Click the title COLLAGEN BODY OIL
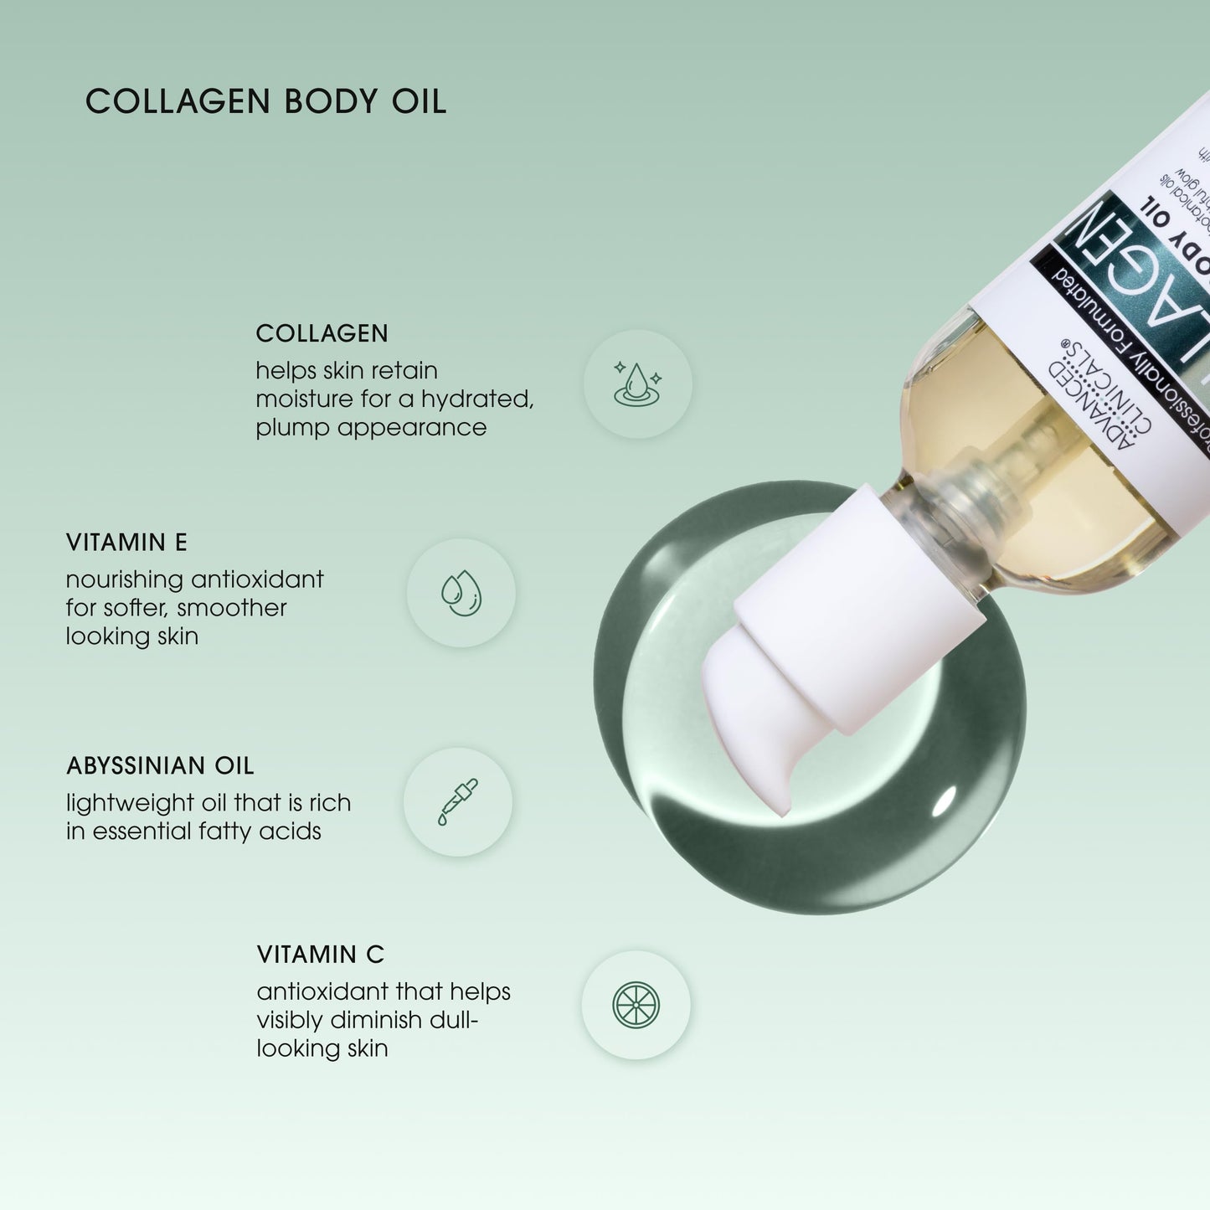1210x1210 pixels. coord(265,102)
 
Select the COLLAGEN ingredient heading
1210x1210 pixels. coord(322,333)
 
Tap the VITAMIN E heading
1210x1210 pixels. coord(126,543)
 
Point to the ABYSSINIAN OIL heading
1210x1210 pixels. coord(160,766)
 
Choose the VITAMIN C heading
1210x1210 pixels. coord(320,955)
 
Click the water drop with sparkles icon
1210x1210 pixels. coord(637,384)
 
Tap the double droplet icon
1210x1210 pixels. coord(461,593)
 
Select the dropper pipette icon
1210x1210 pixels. coord(458,802)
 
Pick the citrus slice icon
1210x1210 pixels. coord(636,1004)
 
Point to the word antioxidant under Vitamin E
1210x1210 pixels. coord(258,579)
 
